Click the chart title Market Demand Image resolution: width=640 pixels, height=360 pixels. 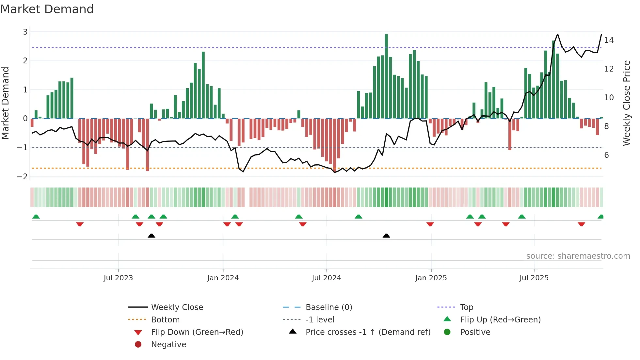(47, 9)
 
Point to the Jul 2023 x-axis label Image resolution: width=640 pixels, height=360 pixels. (118, 278)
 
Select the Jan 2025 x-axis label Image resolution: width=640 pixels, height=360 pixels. (431, 278)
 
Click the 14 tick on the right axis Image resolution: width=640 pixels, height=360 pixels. (609, 40)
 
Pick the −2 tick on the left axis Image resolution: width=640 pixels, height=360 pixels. (23, 176)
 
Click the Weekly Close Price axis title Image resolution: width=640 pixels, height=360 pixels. (626, 103)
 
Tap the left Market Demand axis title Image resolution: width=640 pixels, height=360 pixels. (6, 103)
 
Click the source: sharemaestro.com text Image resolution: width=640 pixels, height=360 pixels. (578, 256)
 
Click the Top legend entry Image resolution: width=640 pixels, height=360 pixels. (467, 307)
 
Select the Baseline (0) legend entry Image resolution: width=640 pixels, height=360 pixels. (329, 307)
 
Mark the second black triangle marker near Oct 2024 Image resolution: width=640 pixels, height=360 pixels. (386, 236)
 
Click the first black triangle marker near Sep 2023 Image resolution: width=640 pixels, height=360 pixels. (151, 236)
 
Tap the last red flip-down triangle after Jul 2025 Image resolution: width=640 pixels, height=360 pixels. (581, 224)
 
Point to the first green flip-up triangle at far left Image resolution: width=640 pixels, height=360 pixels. (36, 217)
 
